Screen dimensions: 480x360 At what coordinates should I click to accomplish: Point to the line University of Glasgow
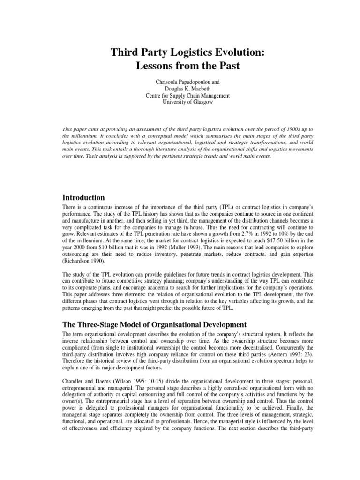tap(180, 102)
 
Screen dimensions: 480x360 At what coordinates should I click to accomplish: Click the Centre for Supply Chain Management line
tap(180, 96)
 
